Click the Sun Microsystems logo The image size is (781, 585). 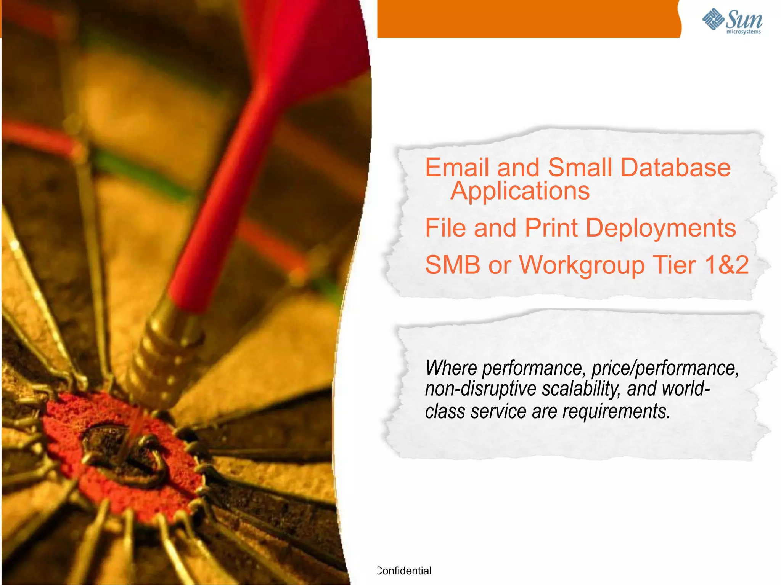[x=732, y=21]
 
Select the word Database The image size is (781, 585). [x=675, y=168]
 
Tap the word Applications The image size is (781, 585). [x=520, y=190]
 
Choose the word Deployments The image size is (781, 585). [x=660, y=228]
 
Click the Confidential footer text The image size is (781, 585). [x=404, y=571]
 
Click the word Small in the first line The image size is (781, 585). [x=580, y=168]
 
